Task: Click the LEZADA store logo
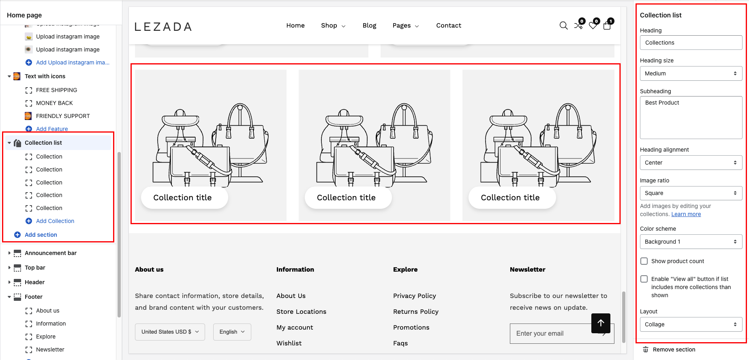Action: click(163, 27)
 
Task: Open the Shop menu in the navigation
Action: click(333, 26)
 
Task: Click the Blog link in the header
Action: click(369, 26)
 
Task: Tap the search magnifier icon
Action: click(563, 26)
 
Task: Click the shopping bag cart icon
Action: click(607, 26)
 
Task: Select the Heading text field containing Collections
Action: click(691, 43)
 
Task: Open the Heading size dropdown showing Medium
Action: click(691, 73)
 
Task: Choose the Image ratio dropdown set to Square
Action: click(691, 193)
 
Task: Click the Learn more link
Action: click(686, 214)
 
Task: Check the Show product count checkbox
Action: click(644, 261)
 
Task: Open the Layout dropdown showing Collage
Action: click(691, 324)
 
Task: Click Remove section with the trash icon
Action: click(674, 349)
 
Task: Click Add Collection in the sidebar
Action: click(55, 221)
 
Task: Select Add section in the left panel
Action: click(41, 235)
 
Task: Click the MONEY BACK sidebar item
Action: click(54, 103)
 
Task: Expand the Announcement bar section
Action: click(9, 253)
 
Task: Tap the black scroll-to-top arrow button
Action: click(601, 323)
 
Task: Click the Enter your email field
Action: click(551, 334)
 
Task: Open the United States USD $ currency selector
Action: click(170, 332)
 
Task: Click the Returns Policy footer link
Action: click(415, 311)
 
